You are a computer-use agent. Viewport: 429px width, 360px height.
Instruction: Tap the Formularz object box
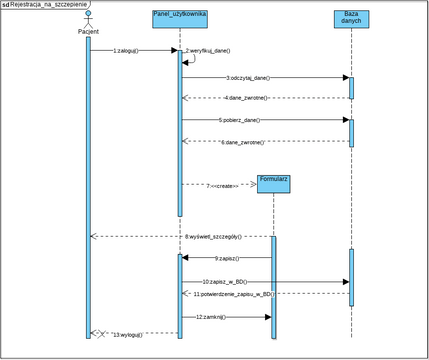[272, 182]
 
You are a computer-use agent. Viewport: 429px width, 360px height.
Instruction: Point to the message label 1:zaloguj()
[126, 50]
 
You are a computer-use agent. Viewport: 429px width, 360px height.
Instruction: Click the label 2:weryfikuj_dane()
[207, 50]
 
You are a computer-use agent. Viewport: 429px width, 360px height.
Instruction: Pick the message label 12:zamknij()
[212, 317]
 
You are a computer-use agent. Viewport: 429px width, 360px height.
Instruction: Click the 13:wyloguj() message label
[128, 333]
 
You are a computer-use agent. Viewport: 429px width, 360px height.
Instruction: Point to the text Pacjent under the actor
[87, 32]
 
